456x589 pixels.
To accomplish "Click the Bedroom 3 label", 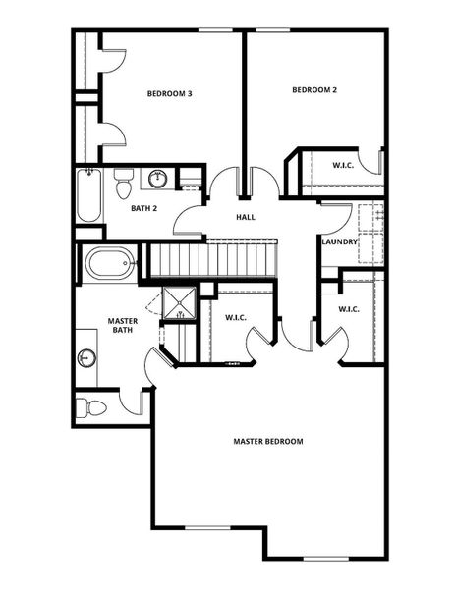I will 169,94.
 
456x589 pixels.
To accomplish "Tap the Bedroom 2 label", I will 314,90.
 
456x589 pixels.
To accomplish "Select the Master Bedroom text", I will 268,441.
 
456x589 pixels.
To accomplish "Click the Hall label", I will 246,216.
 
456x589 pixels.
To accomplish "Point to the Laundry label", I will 338,241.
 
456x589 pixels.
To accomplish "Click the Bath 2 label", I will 144,208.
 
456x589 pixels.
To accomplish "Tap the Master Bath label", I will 123,325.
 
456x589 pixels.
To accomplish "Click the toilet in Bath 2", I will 123,183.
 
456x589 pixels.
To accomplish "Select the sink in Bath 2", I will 158,179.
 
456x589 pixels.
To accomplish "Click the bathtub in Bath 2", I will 87,196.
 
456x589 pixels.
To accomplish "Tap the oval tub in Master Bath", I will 108,264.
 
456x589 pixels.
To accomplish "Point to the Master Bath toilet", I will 91,405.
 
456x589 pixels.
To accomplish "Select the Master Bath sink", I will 86,357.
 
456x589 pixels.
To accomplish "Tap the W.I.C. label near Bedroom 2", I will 343,165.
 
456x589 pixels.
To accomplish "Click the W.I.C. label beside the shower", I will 236,317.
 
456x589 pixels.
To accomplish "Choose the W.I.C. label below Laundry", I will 349,309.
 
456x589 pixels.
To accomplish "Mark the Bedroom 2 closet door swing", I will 370,162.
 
